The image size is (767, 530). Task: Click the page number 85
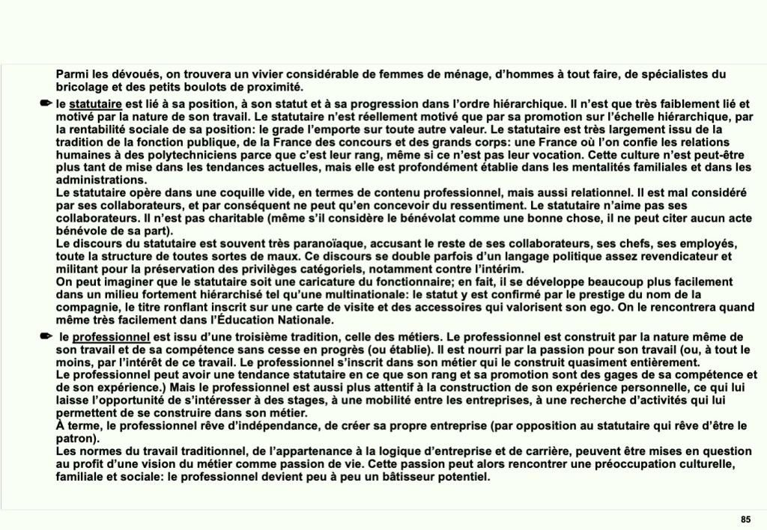[x=745, y=520]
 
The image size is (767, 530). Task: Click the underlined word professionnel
[x=112, y=337]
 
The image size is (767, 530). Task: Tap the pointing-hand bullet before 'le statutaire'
[x=47, y=103]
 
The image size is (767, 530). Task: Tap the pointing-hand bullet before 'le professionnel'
[x=47, y=337]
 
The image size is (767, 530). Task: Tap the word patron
[x=73, y=439]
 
